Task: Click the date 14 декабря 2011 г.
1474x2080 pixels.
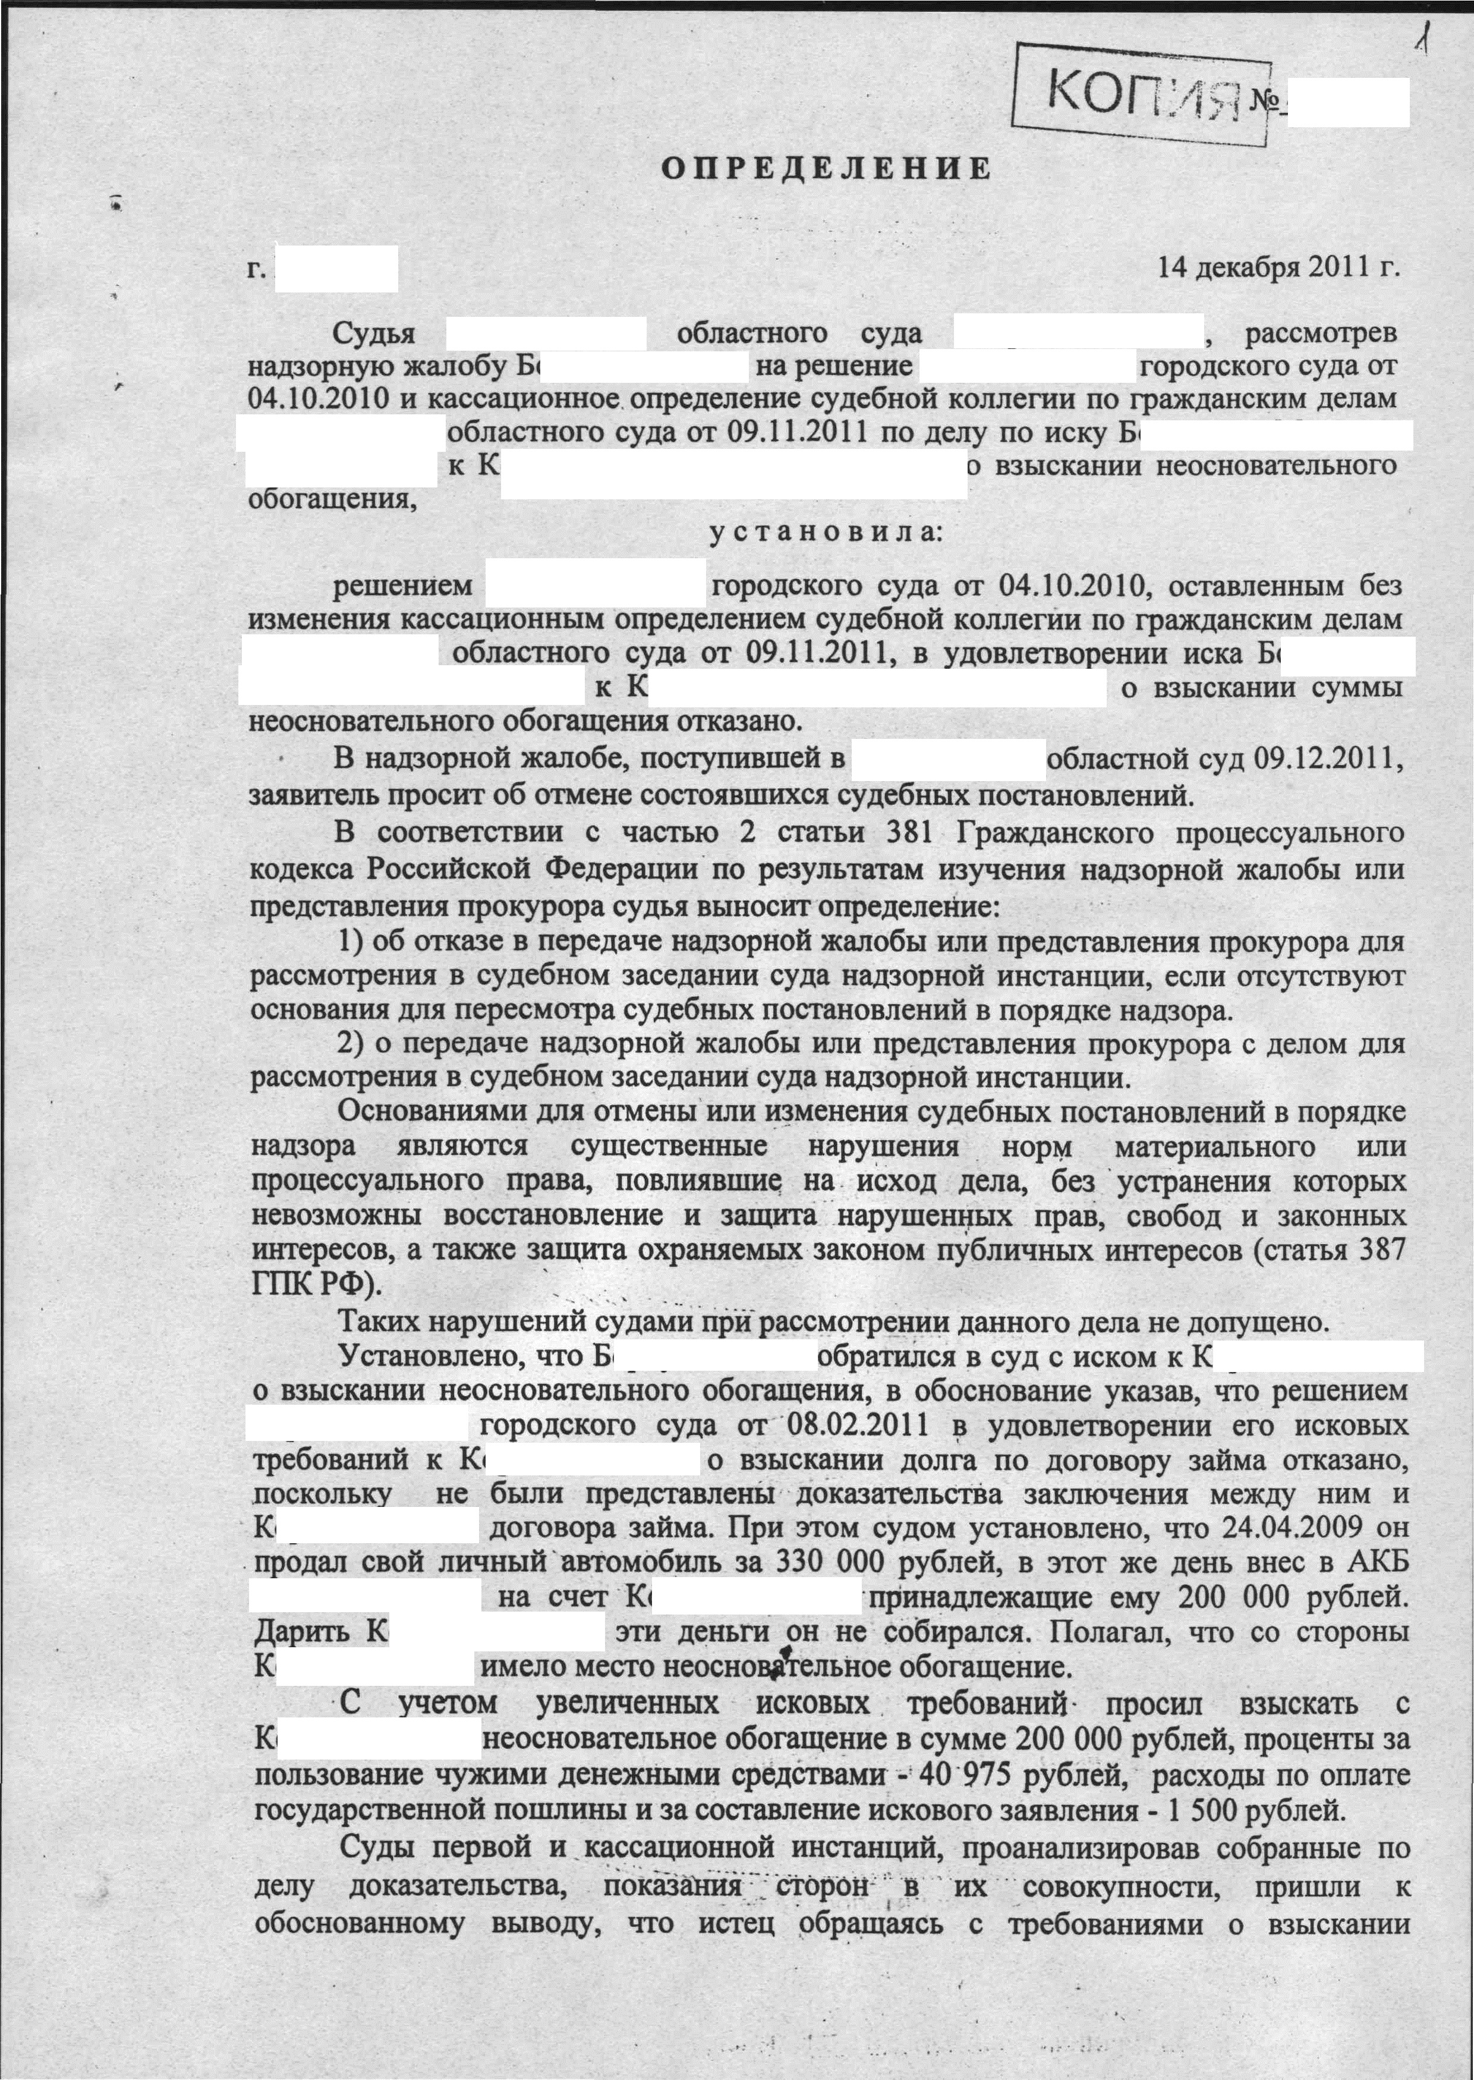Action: coord(1277,269)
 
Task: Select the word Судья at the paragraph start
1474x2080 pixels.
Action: coord(374,333)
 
